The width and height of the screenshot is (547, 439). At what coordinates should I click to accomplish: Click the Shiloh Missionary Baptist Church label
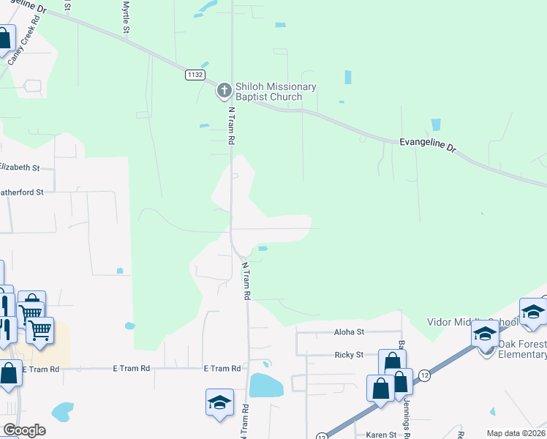pyautogui.click(x=276, y=91)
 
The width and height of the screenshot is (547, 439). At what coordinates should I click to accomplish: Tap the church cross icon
pyautogui.click(x=224, y=91)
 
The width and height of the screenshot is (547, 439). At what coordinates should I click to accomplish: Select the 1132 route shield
pyautogui.click(x=195, y=75)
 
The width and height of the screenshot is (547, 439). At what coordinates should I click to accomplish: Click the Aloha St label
pyautogui.click(x=349, y=331)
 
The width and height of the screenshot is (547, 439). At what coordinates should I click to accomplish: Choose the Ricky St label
pyautogui.click(x=349, y=354)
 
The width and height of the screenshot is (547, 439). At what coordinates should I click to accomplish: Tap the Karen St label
pyautogui.click(x=381, y=435)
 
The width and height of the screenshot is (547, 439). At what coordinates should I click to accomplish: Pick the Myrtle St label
pyautogui.click(x=126, y=18)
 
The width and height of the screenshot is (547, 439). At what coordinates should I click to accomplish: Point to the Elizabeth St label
pyautogui.click(x=19, y=168)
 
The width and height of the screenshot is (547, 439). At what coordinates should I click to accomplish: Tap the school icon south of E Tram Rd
pyautogui.click(x=219, y=403)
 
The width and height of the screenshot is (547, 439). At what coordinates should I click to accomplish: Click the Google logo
pyautogui.click(x=24, y=429)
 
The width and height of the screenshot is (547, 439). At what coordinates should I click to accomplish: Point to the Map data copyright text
pyautogui.click(x=516, y=433)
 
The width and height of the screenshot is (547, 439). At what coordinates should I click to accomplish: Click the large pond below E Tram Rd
pyautogui.click(x=266, y=386)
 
